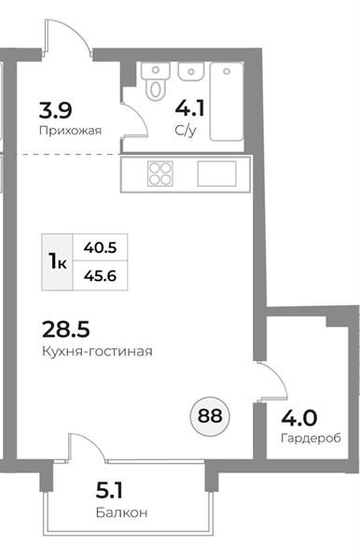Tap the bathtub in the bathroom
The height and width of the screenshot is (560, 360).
click(x=227, y=102)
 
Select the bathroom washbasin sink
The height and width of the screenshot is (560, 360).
click(x=191, y=73)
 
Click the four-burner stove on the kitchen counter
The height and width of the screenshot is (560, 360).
click(x=160, y=174)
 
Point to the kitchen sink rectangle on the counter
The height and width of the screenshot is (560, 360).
click(x=217, y=174)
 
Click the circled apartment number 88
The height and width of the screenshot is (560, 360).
click(x=210, y=416)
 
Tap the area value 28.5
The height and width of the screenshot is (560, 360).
click(x=66, y=329)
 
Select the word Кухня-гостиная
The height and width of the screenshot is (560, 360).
click(x=97, y=352)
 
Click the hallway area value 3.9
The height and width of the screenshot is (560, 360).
click(x=56, y=110)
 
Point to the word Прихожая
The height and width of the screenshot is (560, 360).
click(x=70, y=131)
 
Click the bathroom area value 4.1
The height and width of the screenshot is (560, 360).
click(x=189, y=108)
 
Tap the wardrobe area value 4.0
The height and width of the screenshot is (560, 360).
click(x=299, y=418)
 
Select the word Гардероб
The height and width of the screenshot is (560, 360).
click(x=311, y=438)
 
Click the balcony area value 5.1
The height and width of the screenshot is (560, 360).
click(x=109, y=491)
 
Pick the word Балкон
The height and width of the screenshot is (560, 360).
click(x=121, y=512)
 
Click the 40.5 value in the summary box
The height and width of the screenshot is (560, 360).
click(x=100, y=247)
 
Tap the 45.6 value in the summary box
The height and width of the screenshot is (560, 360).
click(x=100, y=275)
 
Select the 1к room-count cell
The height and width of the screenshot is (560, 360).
click(x=58, y=261)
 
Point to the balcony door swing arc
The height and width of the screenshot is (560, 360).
click(x=93, y=442)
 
